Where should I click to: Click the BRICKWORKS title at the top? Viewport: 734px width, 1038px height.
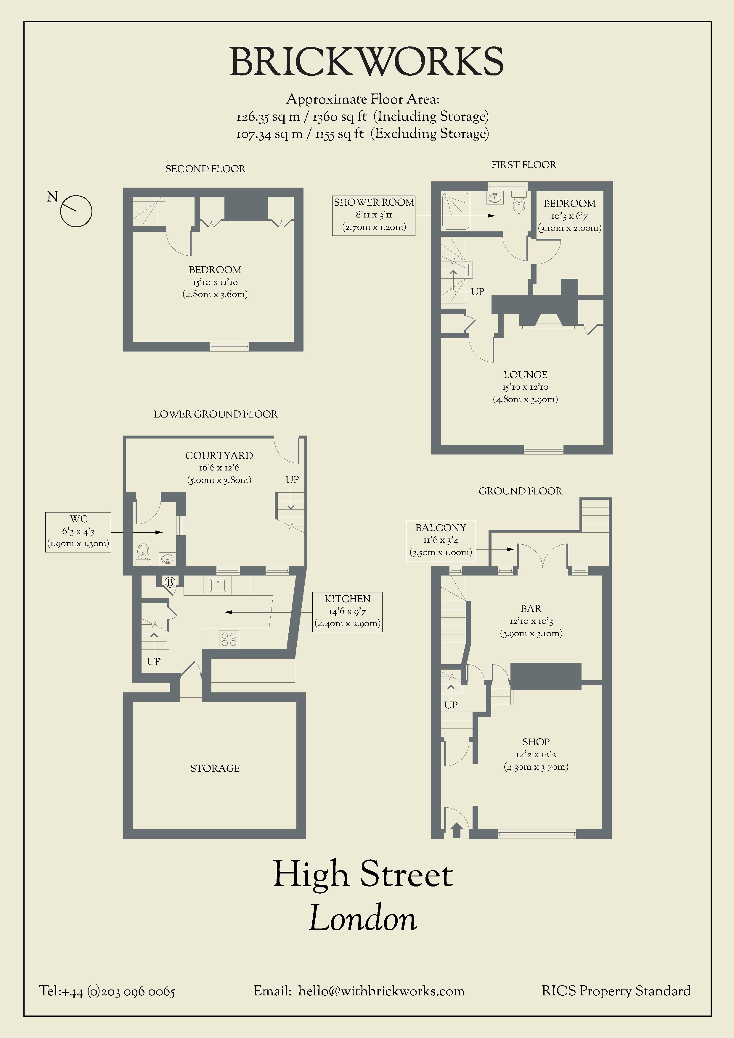tap(366, 62)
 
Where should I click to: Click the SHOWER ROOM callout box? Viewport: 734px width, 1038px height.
tap(374, 215)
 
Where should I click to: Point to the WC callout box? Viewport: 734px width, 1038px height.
tap(78, 532)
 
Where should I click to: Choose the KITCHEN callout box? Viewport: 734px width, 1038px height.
tap(347, 612)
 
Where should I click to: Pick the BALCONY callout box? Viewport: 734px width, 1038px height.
tap(441, 541)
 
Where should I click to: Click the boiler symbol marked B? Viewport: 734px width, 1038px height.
tap(170, 583)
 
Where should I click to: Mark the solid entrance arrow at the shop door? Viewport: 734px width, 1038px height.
tap(457, 830)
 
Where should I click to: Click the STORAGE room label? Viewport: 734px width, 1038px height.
tap(215, 768)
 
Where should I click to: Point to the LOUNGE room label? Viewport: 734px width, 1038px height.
tap(526, 375)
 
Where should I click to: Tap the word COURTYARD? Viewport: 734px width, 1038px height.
tap(219, 456)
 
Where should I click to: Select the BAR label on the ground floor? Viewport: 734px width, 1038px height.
tap(531, 609)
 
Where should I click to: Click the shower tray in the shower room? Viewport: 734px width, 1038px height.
tap(456, 211)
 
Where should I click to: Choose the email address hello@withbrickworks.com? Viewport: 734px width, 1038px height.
tap(381, 991)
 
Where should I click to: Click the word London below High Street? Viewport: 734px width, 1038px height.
tap(363, 918)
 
